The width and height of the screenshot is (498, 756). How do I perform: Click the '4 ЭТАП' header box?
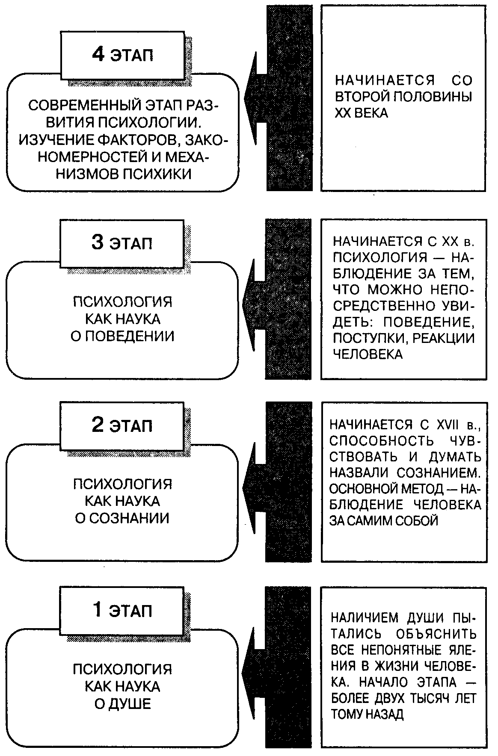(x=122, y=55)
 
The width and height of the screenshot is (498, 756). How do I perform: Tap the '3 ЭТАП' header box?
(x=122, y=242)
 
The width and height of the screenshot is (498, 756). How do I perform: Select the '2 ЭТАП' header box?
(x=122, y=425)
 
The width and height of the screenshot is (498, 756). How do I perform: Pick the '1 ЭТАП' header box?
(x=122, y=610)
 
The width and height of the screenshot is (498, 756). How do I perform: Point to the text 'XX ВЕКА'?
(x=361, y=113)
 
